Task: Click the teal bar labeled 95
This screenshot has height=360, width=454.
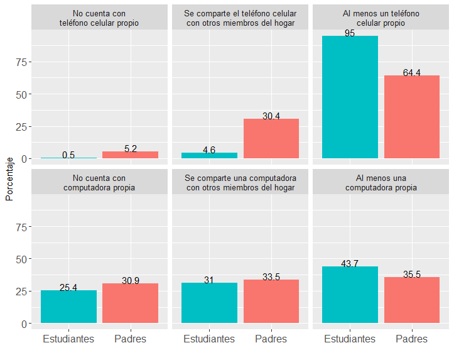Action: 350,97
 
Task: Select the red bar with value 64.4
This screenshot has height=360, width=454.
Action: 412,117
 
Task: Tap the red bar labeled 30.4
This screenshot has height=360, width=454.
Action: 271,138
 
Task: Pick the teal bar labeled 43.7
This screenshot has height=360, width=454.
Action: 350,295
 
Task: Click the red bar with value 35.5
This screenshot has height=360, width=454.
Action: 412,300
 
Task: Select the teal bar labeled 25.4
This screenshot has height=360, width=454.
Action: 68,307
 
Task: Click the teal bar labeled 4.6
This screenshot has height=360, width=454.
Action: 209,155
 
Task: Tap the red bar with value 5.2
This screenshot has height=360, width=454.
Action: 131,155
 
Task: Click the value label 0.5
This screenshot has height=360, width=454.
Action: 68,155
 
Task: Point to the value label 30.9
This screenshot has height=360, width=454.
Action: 131,281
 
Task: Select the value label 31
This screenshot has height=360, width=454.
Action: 209,280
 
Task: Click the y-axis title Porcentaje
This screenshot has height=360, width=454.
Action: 9,179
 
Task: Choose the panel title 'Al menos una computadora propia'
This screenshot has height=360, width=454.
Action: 381,183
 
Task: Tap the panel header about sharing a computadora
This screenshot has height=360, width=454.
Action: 241,183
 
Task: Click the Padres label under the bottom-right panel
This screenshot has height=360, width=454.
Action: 412,339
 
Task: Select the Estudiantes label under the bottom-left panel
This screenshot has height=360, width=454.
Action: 68,339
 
